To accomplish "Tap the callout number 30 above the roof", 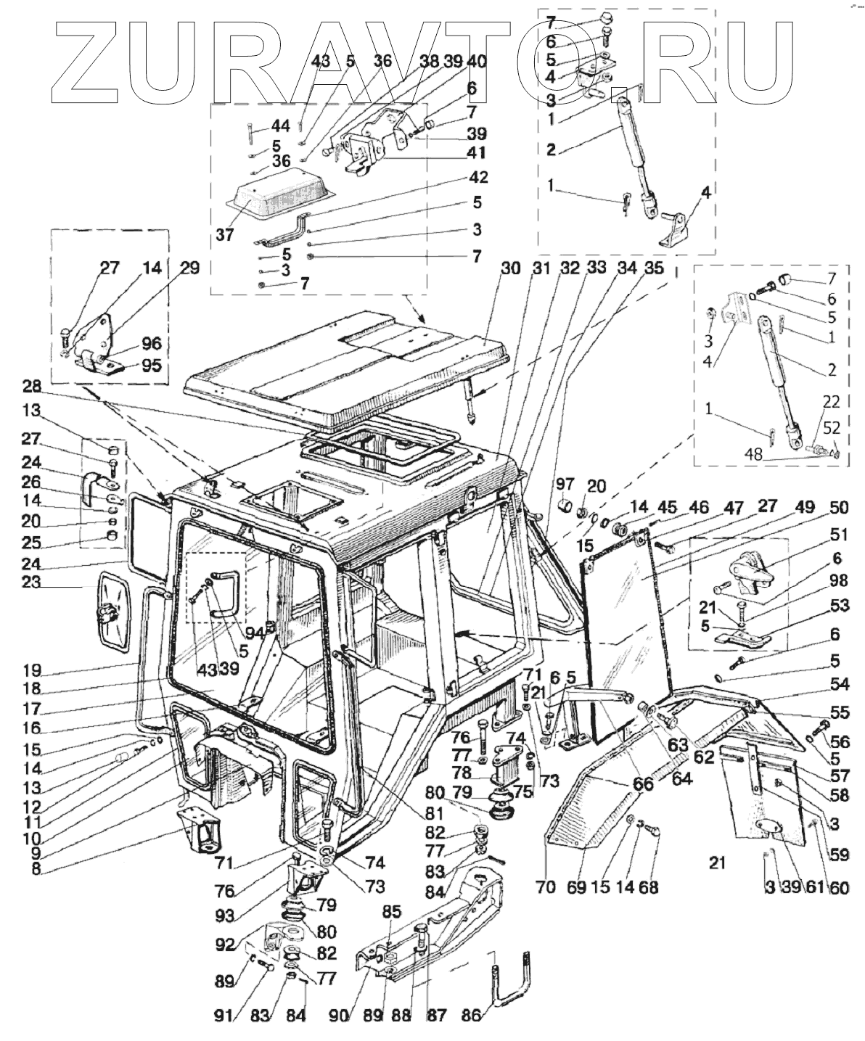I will click(511, 268).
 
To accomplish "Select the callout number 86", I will click(472, 1016).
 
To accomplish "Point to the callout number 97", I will click(565, 484).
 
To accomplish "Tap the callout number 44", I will click(280, 127).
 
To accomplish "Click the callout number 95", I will click(152, 366).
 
